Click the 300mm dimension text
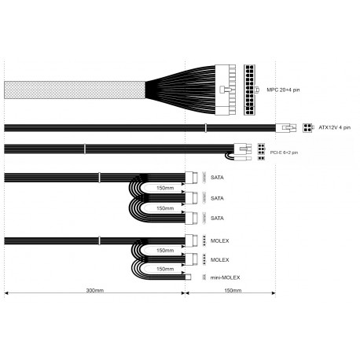coord(94,291)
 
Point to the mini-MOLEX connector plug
coord(188,277)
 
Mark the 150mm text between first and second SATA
coord(165,189)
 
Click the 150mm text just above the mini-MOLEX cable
coord(165,269)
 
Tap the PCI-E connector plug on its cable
coord(243,149)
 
